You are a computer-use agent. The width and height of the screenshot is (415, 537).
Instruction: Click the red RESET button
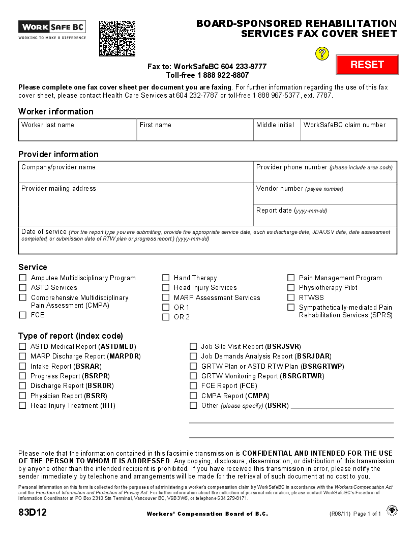[367, 65]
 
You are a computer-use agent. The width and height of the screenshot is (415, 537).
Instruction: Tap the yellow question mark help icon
[322, 53]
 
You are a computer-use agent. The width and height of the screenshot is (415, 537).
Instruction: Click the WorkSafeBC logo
[52, 29]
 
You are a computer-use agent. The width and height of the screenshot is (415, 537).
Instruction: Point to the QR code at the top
[117, 39]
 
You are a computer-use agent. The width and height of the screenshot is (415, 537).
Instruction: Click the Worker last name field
[78, 133]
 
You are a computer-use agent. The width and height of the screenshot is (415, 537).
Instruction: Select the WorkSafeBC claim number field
[348, 133]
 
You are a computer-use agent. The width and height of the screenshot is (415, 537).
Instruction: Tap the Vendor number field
[325, 197]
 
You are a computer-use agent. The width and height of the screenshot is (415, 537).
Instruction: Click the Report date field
[325, 219]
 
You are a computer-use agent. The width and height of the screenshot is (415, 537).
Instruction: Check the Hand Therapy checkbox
[166, 278]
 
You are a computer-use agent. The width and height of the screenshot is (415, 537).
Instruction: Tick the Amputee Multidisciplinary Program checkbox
[22, 278]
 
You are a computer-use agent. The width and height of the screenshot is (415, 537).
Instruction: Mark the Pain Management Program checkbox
[291, 278]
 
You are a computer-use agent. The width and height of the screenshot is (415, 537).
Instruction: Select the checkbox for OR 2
[166, 317]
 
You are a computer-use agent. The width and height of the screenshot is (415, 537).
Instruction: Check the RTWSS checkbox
[291, 297]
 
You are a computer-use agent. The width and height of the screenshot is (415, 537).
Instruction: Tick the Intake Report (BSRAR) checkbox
[22, 366]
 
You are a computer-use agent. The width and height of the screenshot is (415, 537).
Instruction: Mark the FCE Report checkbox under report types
[193, 386]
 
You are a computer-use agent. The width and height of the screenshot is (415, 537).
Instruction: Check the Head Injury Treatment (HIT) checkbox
[22, 406]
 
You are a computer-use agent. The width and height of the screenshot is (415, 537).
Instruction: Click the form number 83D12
[33, 513]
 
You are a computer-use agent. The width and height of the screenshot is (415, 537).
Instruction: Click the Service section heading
[33, 267]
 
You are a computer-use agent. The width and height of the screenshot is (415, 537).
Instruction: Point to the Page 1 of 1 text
[367, 514]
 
